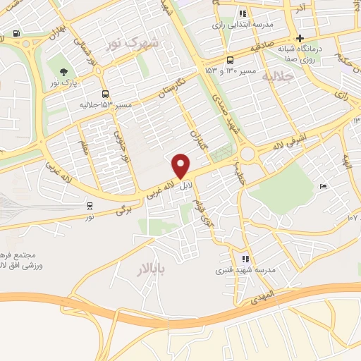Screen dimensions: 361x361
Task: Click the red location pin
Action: tap(182, 166)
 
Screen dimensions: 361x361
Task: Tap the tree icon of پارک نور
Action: tap(64, 71)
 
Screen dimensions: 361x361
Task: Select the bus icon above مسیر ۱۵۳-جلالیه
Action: tap(105, 94)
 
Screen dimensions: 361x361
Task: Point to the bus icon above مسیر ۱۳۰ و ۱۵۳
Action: tap(230, 60)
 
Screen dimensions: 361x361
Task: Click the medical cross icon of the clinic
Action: tap(300, 37)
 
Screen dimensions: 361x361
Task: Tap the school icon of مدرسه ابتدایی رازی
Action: tap(243, 13)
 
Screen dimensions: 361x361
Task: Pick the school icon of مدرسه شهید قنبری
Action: tap(245, 259)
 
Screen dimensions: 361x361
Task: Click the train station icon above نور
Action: tap(90, 206)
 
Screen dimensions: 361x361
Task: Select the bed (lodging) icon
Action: tap(324, 186)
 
